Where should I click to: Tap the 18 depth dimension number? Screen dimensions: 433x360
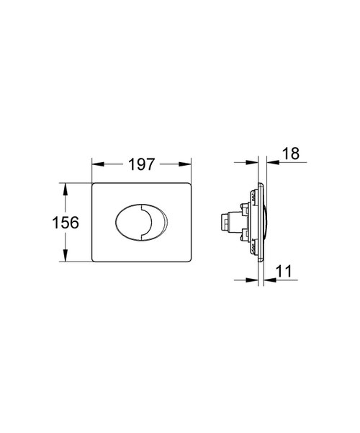tap(292, 155)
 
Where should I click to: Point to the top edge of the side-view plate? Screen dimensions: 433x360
tap(257, 184)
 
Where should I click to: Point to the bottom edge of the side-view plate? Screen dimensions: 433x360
tap(257, 261)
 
